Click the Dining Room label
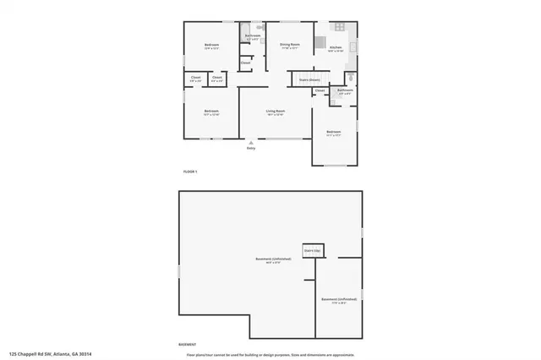(x=290, y=45)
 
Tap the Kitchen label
(x=335, y=48)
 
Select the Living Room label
(x=275, y=112)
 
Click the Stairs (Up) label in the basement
(x=312, y=251)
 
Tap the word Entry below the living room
(x=250, y=148)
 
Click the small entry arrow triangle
(x=250, y=142)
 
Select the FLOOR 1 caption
(x=190, y=172)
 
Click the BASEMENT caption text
(x=189, y=345)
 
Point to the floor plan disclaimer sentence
(x=270, y=355)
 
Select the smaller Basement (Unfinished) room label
(x=338, y=300)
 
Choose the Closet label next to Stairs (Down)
(x=320, y=90)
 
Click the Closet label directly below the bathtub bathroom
(x=246, y=63)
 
